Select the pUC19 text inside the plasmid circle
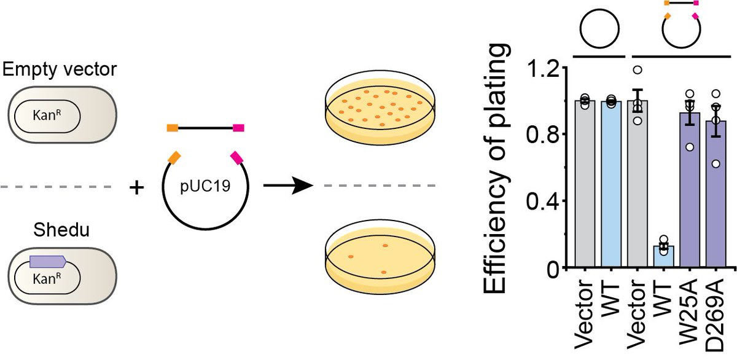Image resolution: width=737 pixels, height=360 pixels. pyautogui.click(x=205, y=185)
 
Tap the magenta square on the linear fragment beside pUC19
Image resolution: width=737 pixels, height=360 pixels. pyautogui.click(x=239, y=128)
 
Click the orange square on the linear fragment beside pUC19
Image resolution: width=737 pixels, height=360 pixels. pyautogui.click(x=173, y=128)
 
